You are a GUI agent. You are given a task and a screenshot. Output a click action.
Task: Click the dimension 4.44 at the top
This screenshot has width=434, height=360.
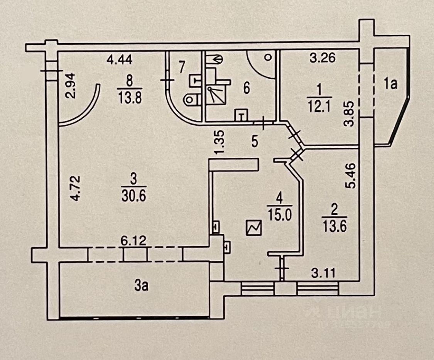click(x=120, y=60)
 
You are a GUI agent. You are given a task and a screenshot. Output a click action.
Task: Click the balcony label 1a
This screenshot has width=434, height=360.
click(x=390, y=84)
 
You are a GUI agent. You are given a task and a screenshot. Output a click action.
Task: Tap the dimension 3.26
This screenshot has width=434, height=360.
click(x=323, y=59)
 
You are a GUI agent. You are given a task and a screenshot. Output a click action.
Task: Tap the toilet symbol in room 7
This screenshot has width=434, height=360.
click(x=191, y=99)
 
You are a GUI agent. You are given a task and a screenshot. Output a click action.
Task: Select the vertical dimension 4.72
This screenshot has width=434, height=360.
click(x=76, y=188)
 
